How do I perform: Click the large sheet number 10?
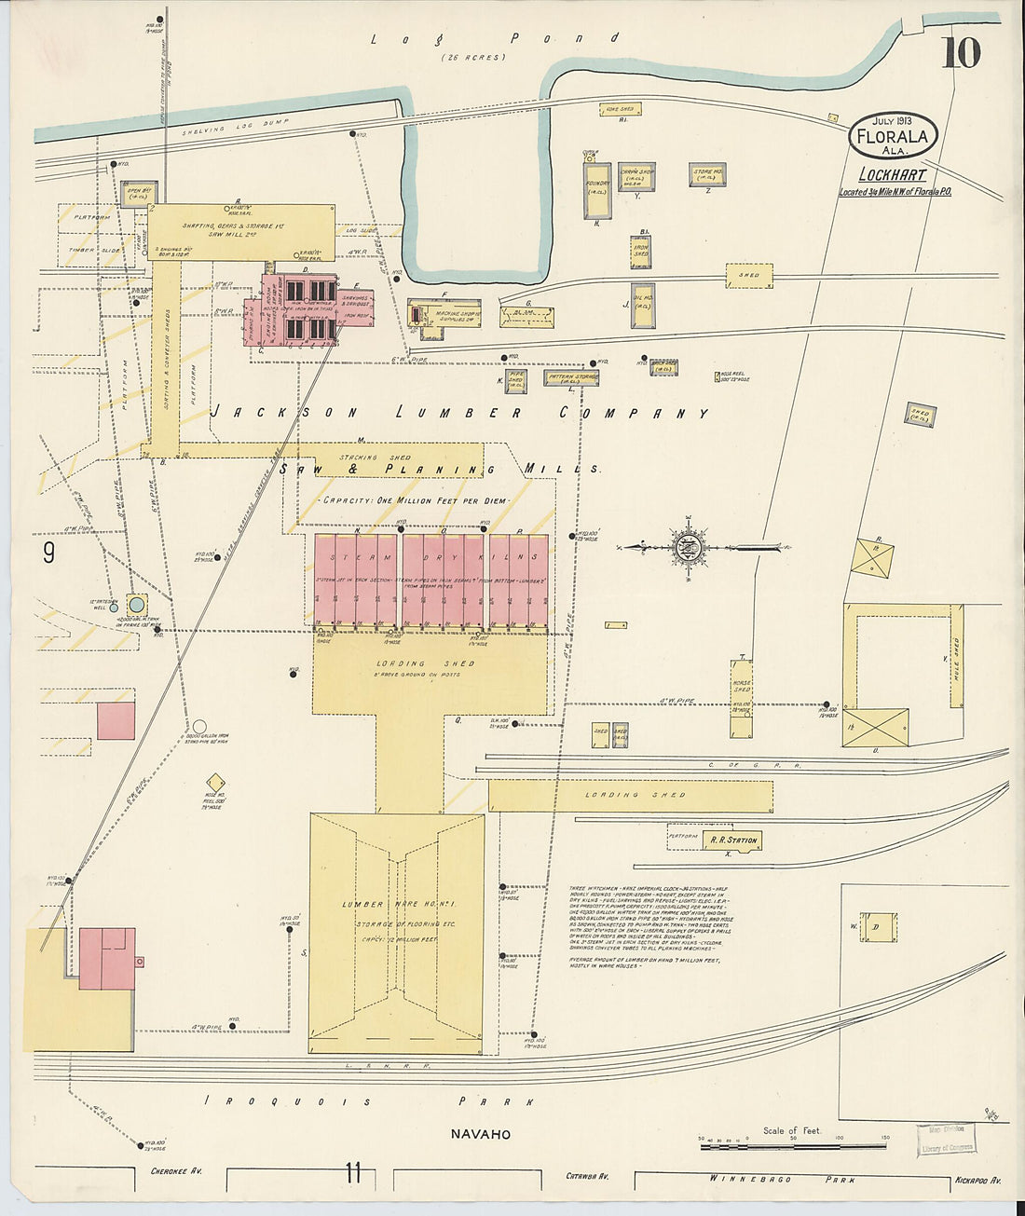click(x=960, y=53)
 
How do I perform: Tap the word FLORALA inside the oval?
click(x=893, y=137)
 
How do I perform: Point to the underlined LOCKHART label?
click(x=892, y=175)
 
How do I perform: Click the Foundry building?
click(x=597, y=190)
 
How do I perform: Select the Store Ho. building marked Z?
click(x=707, y=174)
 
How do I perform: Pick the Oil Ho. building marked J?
click(x=642, y=306)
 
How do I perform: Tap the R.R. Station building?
click(x=733, y=840)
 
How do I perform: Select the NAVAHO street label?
click(x=480, y=1134)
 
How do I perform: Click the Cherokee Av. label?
click(x=176, y=1171)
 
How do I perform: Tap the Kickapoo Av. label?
click(x=978, y=1181)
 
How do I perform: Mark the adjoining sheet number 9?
click(x=48, y=553)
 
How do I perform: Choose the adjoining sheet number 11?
click(x=352, y=1173)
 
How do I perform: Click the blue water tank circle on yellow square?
click(x=137, y=603)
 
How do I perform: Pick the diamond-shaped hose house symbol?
click(x=216, y=782)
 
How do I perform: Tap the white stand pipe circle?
click(x=199, y=726)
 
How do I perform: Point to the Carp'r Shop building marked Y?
click(x=636, y=176)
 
